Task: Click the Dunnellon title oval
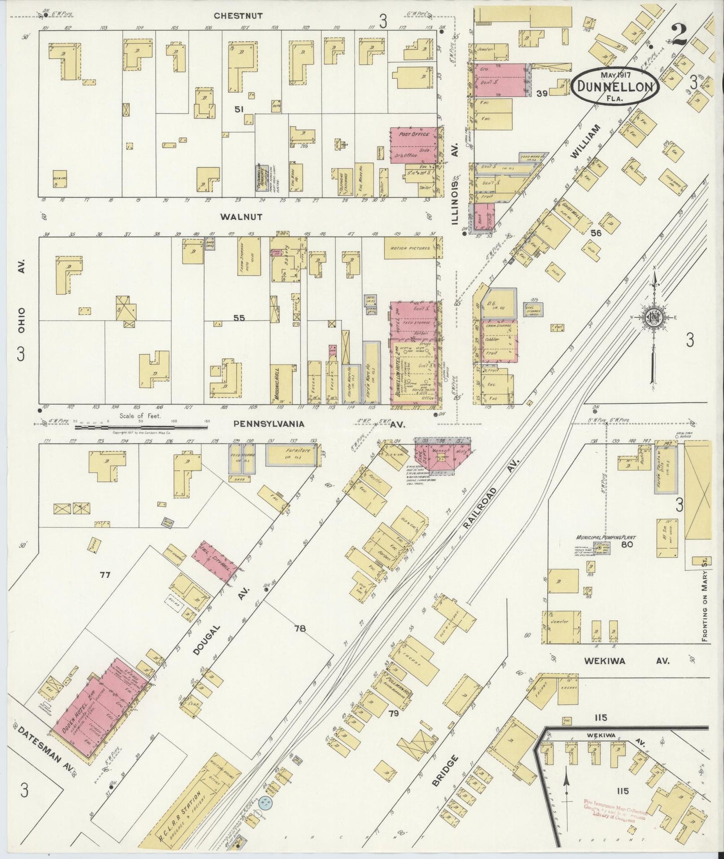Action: click(615, 86)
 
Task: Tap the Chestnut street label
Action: click(238, 16)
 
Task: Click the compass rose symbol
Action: click(653, 317)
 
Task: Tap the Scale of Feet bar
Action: click(141, 427)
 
